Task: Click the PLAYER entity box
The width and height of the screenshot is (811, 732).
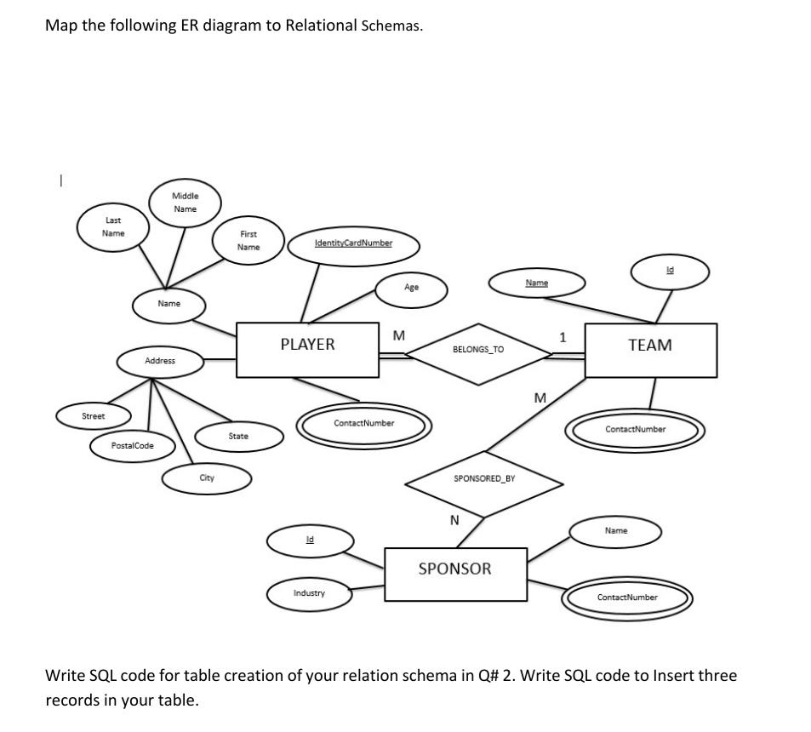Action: (307, 349)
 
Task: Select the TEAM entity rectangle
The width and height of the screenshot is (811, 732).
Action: (650, 350)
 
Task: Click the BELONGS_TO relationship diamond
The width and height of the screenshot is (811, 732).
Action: (477, 350)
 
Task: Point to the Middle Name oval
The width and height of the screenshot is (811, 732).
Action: (185, 202)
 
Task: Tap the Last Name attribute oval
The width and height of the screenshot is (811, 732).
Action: (113, 226)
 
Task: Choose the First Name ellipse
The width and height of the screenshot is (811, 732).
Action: (248, 240)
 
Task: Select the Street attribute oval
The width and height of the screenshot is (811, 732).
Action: (94, 417)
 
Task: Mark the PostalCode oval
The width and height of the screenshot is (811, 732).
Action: (133, 446)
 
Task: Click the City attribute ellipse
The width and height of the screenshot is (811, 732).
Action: (207, 479)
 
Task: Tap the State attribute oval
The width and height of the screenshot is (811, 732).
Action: (238, 437)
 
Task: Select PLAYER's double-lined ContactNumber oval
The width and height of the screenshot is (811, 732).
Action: (363, 424)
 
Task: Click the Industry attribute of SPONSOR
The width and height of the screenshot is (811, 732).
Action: (309, 593)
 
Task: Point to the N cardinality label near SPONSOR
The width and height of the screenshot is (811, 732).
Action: (454, 520)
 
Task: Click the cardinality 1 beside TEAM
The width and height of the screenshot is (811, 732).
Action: (562, 338)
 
